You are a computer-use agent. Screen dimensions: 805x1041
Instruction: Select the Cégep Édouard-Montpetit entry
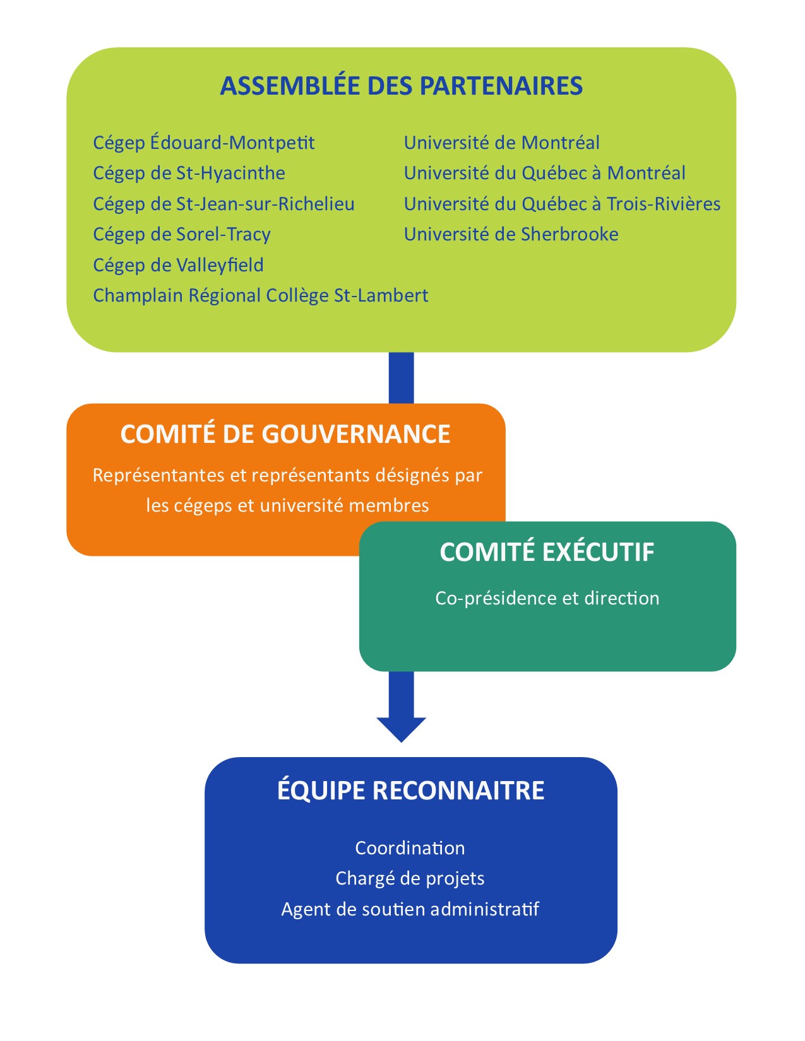point(204,143)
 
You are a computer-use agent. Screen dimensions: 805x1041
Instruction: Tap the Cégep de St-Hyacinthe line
point(189,173)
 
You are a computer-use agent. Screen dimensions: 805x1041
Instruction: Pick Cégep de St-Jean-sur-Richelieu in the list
point(224,204)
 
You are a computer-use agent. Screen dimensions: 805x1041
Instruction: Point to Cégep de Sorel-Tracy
point(182,235)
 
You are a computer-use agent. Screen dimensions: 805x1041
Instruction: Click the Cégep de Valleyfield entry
point(178,265)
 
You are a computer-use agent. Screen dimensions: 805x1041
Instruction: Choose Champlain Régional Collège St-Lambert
point(260,295)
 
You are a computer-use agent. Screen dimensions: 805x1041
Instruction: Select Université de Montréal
point(501,143)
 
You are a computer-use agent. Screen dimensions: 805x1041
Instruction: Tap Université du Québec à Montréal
point(545,173)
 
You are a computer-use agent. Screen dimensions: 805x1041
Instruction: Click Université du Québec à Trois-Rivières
point(562,204)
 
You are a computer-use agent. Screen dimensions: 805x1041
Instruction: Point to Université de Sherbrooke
point(511,234)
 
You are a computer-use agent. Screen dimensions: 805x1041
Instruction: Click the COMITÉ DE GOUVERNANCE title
point(285,434)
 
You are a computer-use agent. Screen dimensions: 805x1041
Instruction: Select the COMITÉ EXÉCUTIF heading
point(547,552)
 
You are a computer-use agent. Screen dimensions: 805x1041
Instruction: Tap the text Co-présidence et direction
point(547,598)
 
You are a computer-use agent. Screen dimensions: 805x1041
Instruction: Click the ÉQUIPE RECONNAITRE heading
point(411,791)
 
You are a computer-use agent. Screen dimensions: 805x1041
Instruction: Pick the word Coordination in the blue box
point(410,848)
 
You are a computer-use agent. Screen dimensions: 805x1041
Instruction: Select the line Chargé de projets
point(410,879)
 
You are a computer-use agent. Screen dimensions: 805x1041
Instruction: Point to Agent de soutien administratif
point(410,909)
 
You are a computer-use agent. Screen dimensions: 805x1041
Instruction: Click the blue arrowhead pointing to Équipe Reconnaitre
point(402,729)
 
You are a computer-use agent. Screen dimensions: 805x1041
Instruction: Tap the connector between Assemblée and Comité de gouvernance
point(402,378)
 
